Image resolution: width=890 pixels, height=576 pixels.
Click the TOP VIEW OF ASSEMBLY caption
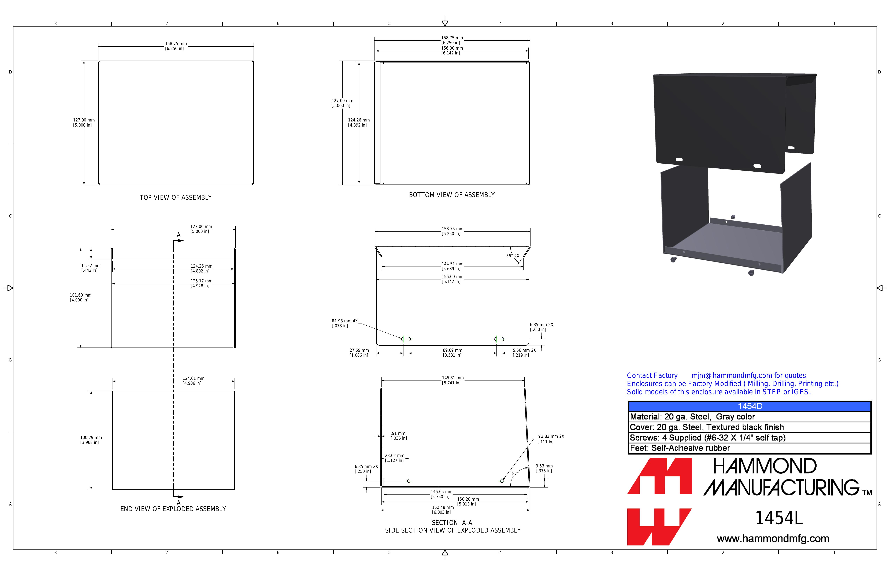pos(175,197)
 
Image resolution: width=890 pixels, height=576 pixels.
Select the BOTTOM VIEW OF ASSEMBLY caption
pos(452,195)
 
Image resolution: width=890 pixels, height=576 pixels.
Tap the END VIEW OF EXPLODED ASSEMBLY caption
pos(173,509)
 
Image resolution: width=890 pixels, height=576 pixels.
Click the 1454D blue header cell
pos(750,406)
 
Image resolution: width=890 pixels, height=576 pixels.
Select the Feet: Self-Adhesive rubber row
pos(680,448)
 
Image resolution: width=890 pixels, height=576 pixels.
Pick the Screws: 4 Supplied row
pos(707,438)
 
